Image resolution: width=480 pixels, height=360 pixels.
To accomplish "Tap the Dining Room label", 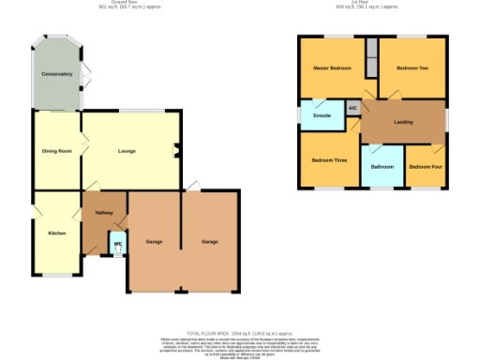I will click(x=57, y=151).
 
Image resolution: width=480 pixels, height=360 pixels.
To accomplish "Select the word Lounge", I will click(x=127, y=151).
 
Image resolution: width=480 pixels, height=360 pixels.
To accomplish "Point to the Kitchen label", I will click(x=57, y=232).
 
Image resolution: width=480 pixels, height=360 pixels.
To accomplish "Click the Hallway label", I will click(x=103, y=213).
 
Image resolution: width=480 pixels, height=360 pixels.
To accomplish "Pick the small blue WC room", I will click(x=117, y=244).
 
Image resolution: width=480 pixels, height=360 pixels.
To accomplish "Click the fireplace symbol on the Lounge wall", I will click(x=178, y=150).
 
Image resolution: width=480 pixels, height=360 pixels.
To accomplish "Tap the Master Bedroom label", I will click(x=331, y=68).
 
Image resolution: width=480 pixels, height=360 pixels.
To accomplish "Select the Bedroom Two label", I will click(x=412, y=68).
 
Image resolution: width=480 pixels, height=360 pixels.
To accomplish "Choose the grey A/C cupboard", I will click(x=352, y=109).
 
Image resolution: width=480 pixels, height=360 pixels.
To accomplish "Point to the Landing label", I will click(x=403, y=122).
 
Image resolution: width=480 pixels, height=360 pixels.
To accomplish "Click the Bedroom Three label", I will click(x=329, y=160).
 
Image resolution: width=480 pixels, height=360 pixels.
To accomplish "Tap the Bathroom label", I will click(x=382, y=166).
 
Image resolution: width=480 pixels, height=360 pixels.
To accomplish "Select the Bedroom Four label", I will click(x=425, y=166).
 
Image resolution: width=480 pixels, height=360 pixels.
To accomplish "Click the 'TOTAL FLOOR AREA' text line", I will click(x=241, y=333).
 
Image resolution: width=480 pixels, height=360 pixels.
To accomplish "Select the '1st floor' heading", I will click(x=358, y=3).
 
